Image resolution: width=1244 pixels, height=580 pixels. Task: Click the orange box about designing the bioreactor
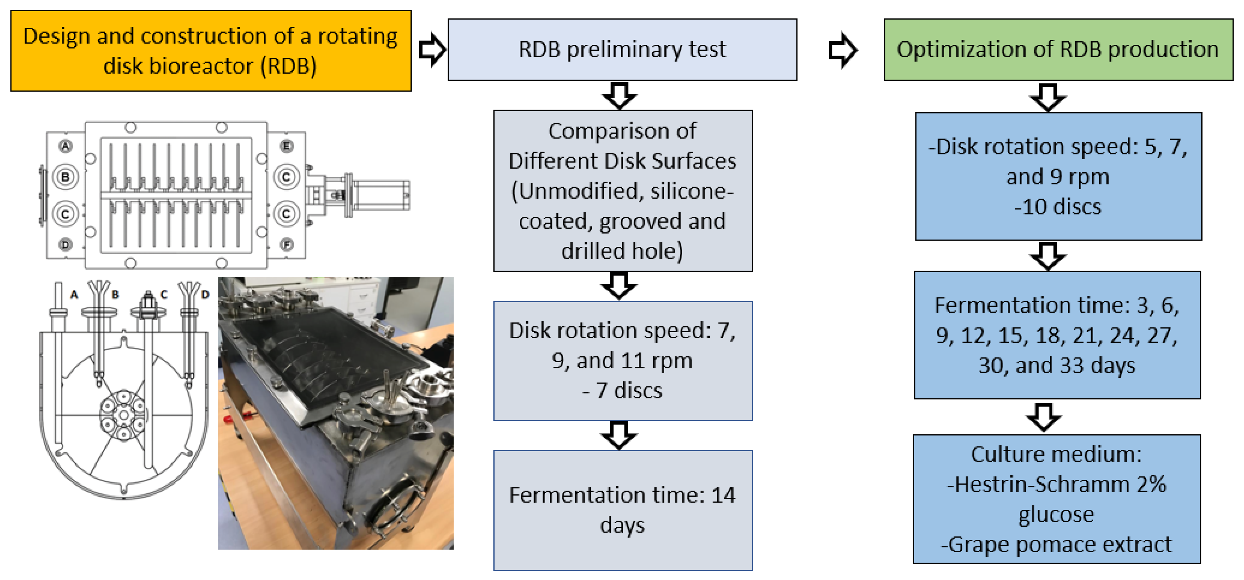point(211,51)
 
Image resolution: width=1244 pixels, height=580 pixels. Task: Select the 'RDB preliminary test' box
point(622,49)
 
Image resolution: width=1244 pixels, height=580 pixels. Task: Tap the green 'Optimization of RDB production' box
point(1058,49)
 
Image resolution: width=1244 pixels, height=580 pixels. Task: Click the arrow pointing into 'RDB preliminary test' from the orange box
point(431,49)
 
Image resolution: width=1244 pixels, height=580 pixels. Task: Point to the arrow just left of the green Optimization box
point(842,49)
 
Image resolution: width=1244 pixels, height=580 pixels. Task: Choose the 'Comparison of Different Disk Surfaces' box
point(622,190)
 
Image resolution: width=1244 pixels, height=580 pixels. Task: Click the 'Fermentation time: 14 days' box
point(622,509)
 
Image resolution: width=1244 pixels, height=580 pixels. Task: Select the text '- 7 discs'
point(622,390)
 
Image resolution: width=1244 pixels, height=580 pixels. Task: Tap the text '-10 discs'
point(1058,207)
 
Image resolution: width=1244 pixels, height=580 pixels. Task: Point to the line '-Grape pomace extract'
point(1056,544)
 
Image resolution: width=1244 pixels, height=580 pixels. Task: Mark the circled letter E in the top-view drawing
point(287,146)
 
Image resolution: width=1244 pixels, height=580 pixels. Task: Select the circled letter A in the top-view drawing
point(66,146)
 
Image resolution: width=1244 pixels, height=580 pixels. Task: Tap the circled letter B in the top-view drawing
point(66,177)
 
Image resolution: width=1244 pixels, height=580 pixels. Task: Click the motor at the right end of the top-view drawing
point(382,195)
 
